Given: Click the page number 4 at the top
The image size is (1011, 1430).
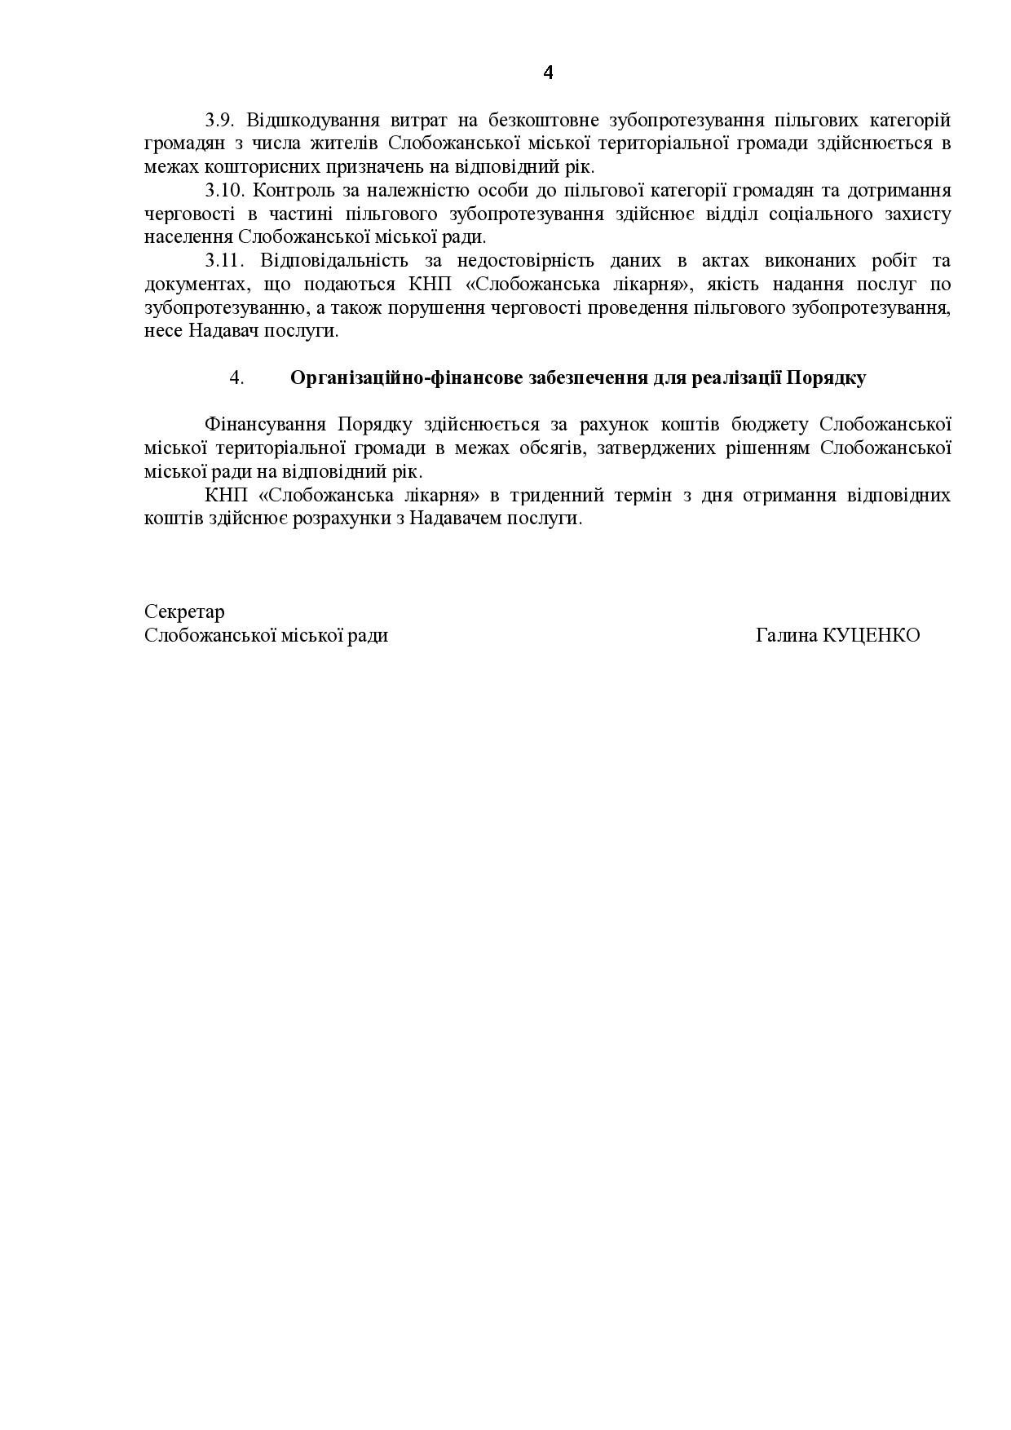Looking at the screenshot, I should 548,73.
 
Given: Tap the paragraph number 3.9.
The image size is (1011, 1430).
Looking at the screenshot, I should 219,121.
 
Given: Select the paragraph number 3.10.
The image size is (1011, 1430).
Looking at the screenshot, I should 224,191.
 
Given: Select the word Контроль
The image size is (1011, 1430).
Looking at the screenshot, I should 289,191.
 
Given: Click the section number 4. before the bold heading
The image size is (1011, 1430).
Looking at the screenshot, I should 236,378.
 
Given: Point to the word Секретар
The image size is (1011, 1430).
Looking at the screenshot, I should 184,611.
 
